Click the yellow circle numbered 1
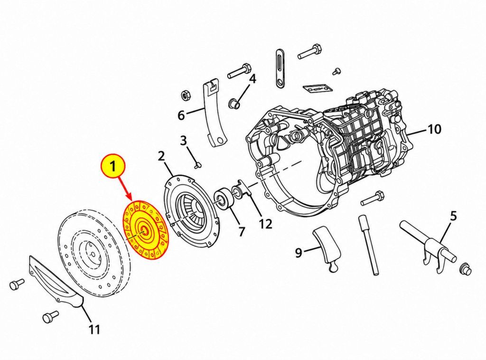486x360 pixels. pos(113,167)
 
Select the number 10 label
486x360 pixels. pos(434,129)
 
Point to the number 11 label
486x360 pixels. pos(94,329)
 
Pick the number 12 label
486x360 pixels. pos(265,224)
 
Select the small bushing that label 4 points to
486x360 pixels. pos(234,104)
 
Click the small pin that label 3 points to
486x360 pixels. pos(197,164)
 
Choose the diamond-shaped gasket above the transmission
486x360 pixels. pos(318,88)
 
